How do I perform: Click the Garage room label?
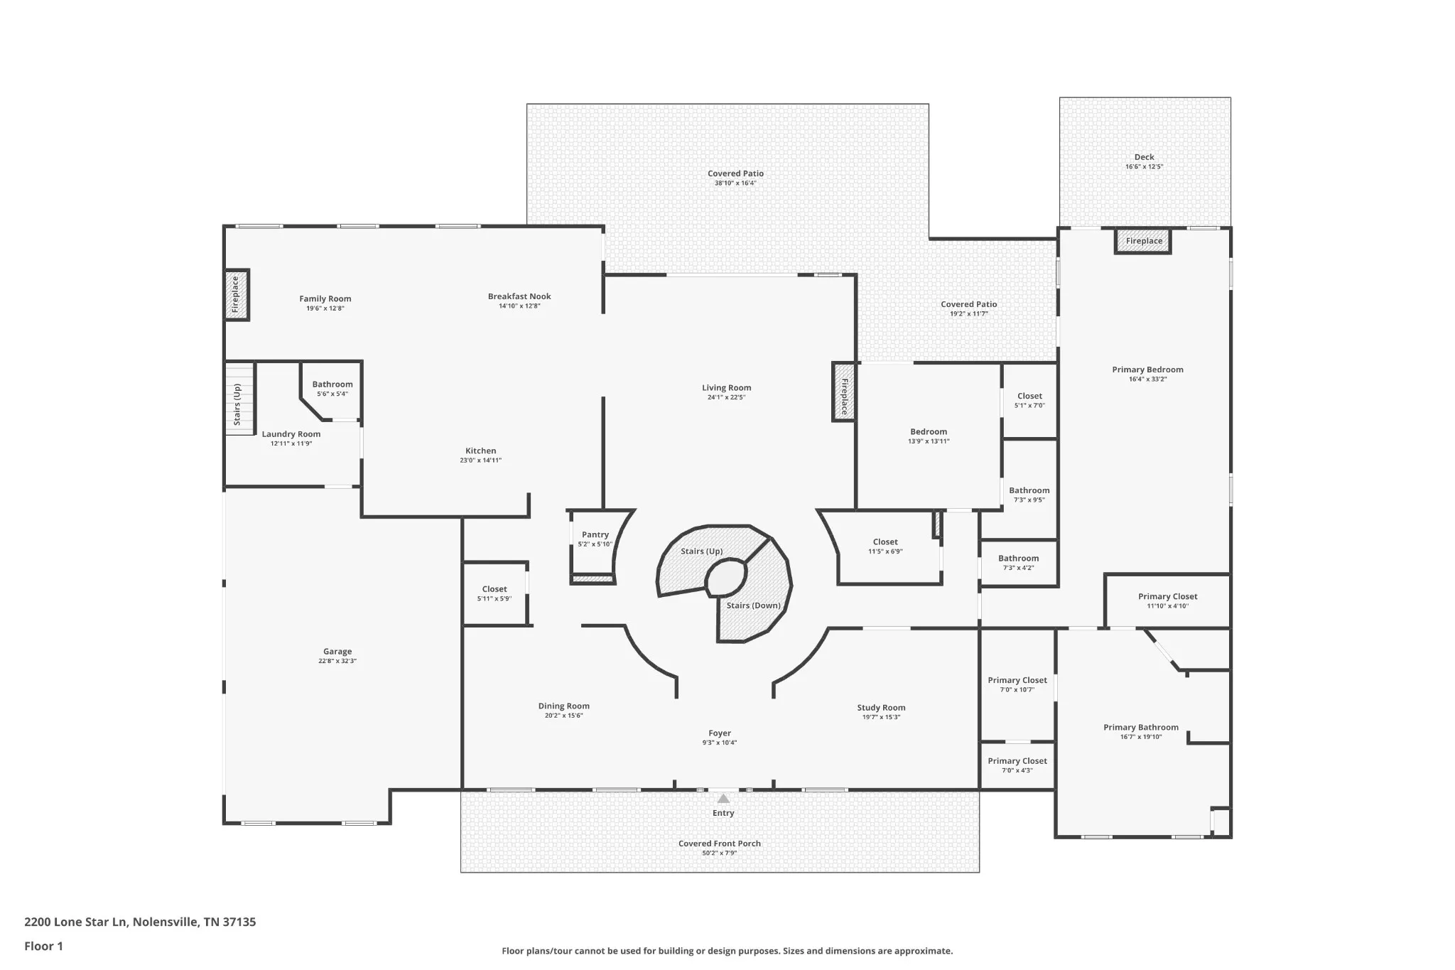pos(337,651)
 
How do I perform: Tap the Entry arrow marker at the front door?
pos(723,799)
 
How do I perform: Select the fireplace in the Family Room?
pos(237,295)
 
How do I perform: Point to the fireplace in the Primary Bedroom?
pos(1143,241)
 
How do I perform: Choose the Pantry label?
pos(595,534)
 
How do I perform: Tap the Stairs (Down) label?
pos(753,605)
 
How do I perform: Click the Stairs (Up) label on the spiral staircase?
pos(702,551)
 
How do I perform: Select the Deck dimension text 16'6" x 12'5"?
pos(1144,167)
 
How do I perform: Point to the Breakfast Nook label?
pos(519,296)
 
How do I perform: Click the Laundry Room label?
pos(291,434)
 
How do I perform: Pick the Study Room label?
pos(881,708)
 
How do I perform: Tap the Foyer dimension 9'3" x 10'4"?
pos(720,743)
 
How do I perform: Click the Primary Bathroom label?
pos(1141,727)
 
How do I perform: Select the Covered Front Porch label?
pos(720,844)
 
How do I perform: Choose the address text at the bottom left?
pos(140,922)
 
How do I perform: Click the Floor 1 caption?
pos(43,946)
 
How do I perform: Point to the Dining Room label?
pos(563,706)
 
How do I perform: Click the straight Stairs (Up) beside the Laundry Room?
pos(240,398)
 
